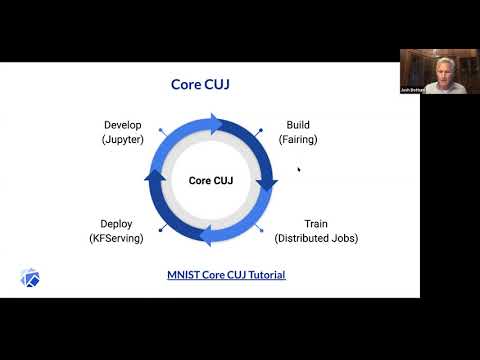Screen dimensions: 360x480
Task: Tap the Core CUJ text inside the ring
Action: pyautogui.click(x=211, y=180)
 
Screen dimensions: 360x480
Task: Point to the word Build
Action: pyautogui.click(x=297, y=126)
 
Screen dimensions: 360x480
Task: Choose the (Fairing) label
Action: pyautogui.click(x=297, y=140)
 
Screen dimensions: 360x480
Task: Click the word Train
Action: pyautogui.click(x=316, y=223)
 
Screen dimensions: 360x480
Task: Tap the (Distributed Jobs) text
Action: pyautogui.click(x=316, y=238)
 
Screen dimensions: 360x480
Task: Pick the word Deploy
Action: pyautogui.click(x=116, y=223)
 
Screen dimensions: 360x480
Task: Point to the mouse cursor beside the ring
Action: pyautogui.click(x=298, y=169)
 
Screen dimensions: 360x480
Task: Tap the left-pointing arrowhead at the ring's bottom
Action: pyautogui.click(x=204, y=237)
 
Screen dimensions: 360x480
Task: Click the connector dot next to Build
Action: pyautogui.click(x=261, y=130)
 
